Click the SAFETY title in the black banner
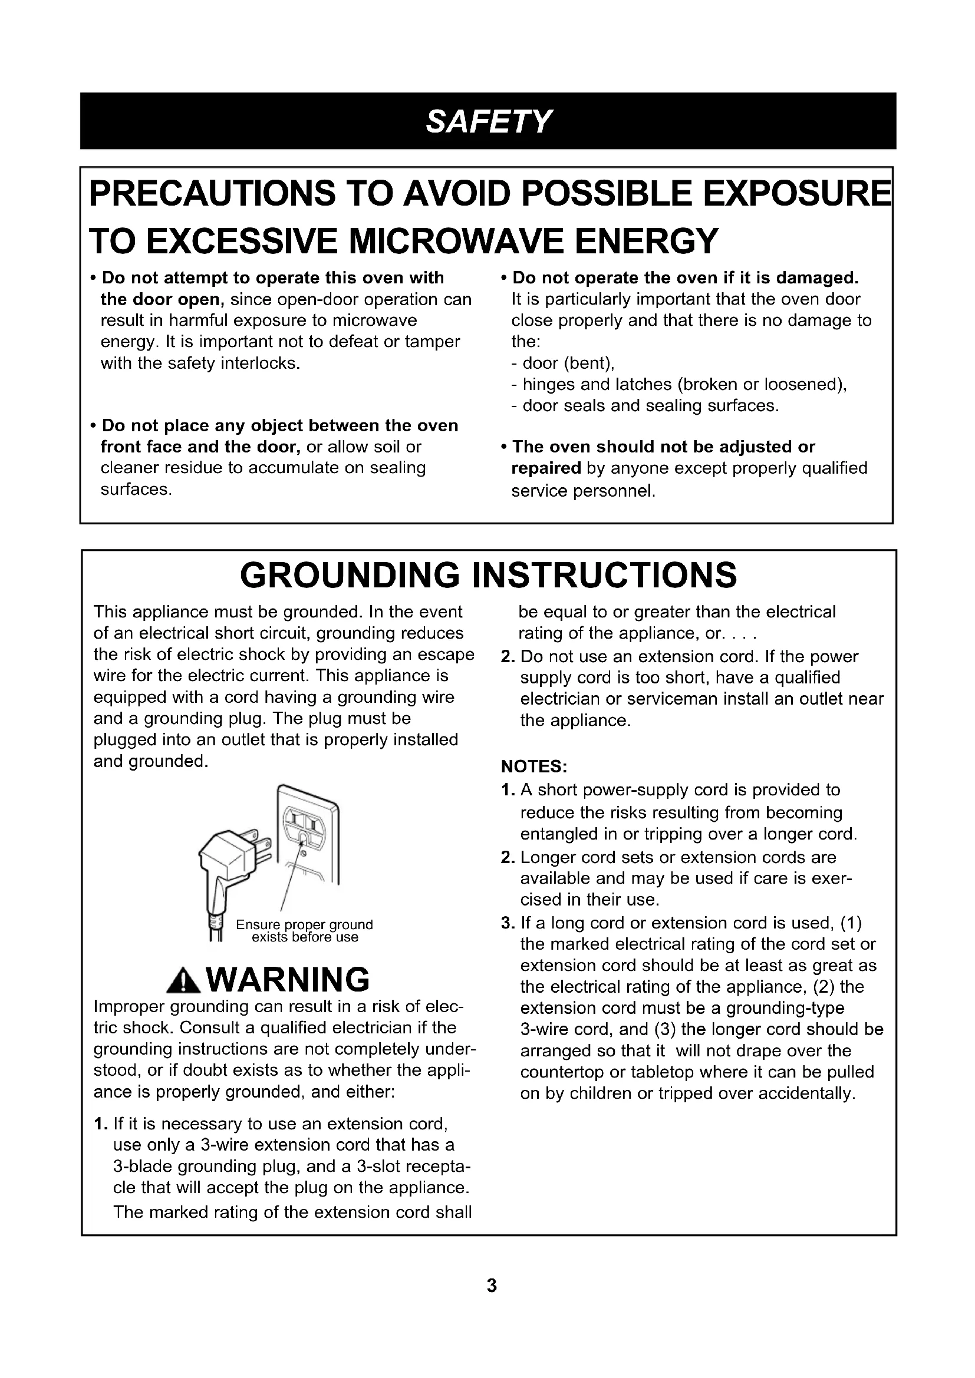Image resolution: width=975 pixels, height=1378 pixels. click(487, 121)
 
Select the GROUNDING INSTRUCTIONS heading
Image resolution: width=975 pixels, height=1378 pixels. click(488, 575)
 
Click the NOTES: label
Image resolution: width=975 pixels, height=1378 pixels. click(534, 767)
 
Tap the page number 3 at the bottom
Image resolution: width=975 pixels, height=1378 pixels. click(492, 1286)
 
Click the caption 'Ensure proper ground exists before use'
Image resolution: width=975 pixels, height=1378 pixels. click(304, 931)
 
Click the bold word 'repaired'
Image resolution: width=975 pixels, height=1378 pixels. click(546, 468)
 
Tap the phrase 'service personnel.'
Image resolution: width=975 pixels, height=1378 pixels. click(583, 491)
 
